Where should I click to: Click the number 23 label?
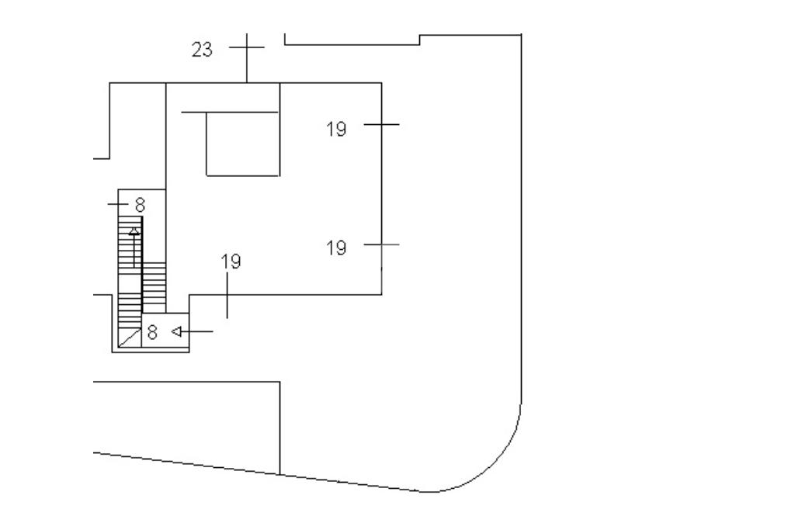click(x=202, y=50)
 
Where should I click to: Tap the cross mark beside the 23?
click(x=247, y=47)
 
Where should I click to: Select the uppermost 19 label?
click(x=336, y=130)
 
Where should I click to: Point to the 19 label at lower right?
click(x=336, y=248)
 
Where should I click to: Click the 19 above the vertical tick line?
click(x=231, y=262)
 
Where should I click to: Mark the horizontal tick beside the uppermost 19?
click(x=381, y=124)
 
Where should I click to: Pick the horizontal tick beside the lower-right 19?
click(x=381, y=244)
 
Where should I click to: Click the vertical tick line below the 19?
click(x=227, y=296)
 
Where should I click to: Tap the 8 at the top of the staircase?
click(x=140, y=205)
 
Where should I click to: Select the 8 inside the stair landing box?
click(x=152, y=332)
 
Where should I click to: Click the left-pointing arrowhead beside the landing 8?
click(x=176, y=331)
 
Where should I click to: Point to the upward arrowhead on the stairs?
click(x=134, y=231)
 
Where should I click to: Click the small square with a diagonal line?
click(x=130, y=338)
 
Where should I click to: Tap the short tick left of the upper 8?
click(x=118, y=204)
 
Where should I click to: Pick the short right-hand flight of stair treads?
click(x=154, y=287)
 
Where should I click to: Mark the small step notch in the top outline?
click(x=420, y=40)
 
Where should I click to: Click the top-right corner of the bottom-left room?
click(x=279, y=382)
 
